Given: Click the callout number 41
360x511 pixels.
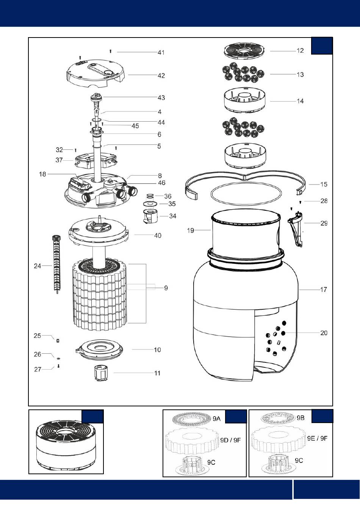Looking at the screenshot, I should coord(161,52).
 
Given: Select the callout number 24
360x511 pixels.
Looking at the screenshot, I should coord(38,266).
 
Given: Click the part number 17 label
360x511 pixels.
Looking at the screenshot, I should coord(323,290).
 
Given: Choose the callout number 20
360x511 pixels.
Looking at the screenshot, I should coord(324,333).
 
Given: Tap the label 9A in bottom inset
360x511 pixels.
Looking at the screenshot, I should coord(216,419).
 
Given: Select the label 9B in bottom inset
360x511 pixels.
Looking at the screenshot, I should coord(301,418).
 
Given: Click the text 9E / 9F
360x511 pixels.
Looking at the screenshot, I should coord(317,439).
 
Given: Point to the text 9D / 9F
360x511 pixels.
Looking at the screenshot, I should coord(230,440).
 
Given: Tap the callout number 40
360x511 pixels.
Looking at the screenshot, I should coord(158,235).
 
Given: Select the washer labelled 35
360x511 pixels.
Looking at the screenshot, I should coord(150,204).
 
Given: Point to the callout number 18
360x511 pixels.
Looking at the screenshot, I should coord(42,174).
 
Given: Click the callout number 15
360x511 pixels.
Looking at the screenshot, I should coord(324,185).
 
